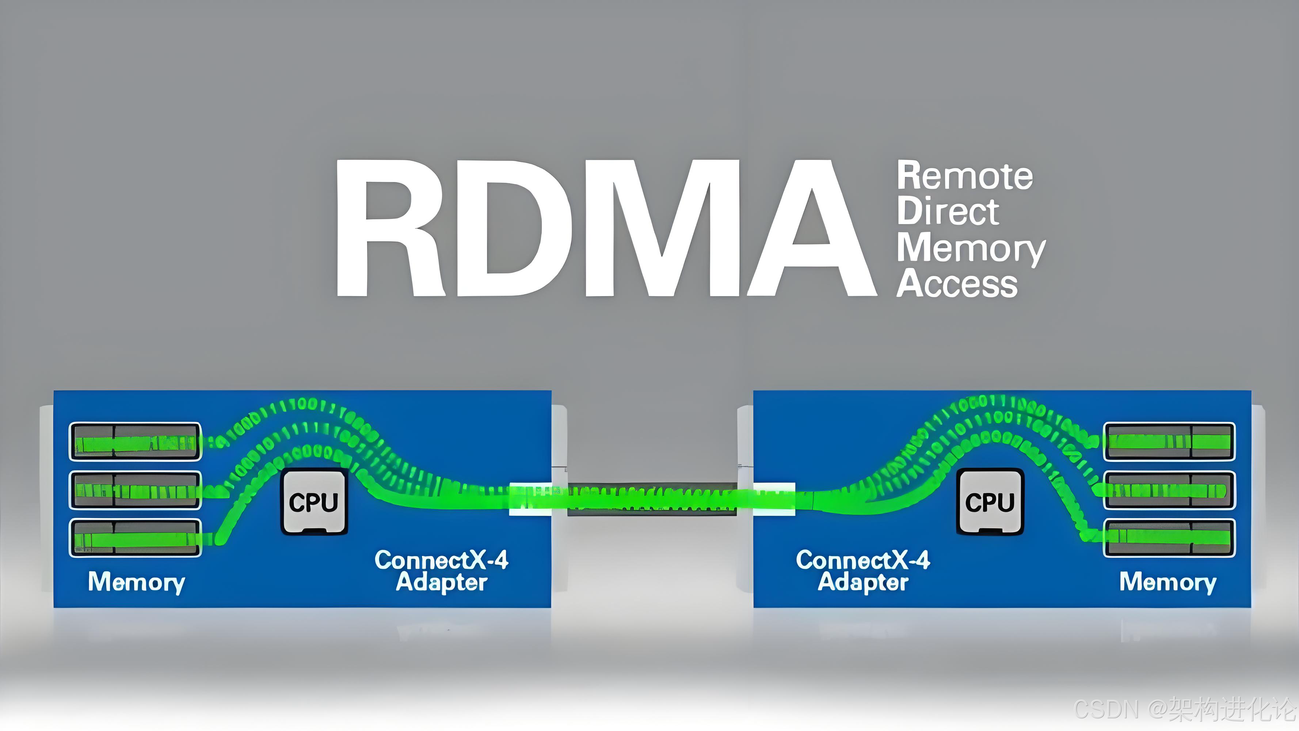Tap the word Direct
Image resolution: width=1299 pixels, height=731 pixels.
point(948,212)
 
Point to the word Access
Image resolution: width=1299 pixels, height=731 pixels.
point(957,284)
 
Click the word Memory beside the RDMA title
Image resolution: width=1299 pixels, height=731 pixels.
point(971,249)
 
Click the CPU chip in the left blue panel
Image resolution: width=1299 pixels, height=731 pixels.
point(314,501)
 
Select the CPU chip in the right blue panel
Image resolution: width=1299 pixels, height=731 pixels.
point(990,501)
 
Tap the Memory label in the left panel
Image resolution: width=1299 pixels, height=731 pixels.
point(136,582)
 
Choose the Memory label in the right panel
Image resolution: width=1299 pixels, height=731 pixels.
point(1167,582)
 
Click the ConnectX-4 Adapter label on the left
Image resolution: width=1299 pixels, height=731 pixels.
point(441,571)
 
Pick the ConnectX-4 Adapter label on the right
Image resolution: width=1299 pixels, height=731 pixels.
point(863,571)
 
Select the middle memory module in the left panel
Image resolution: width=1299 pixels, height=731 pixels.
point(135,490)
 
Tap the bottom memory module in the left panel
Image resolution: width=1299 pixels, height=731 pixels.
point(135,538)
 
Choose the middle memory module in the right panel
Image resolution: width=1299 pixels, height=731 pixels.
point(1169,490)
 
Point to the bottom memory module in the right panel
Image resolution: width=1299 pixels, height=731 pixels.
point(1169,538)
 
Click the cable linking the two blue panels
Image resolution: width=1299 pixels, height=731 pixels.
point(652,499)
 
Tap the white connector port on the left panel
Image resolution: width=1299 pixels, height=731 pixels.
point(529,499)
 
